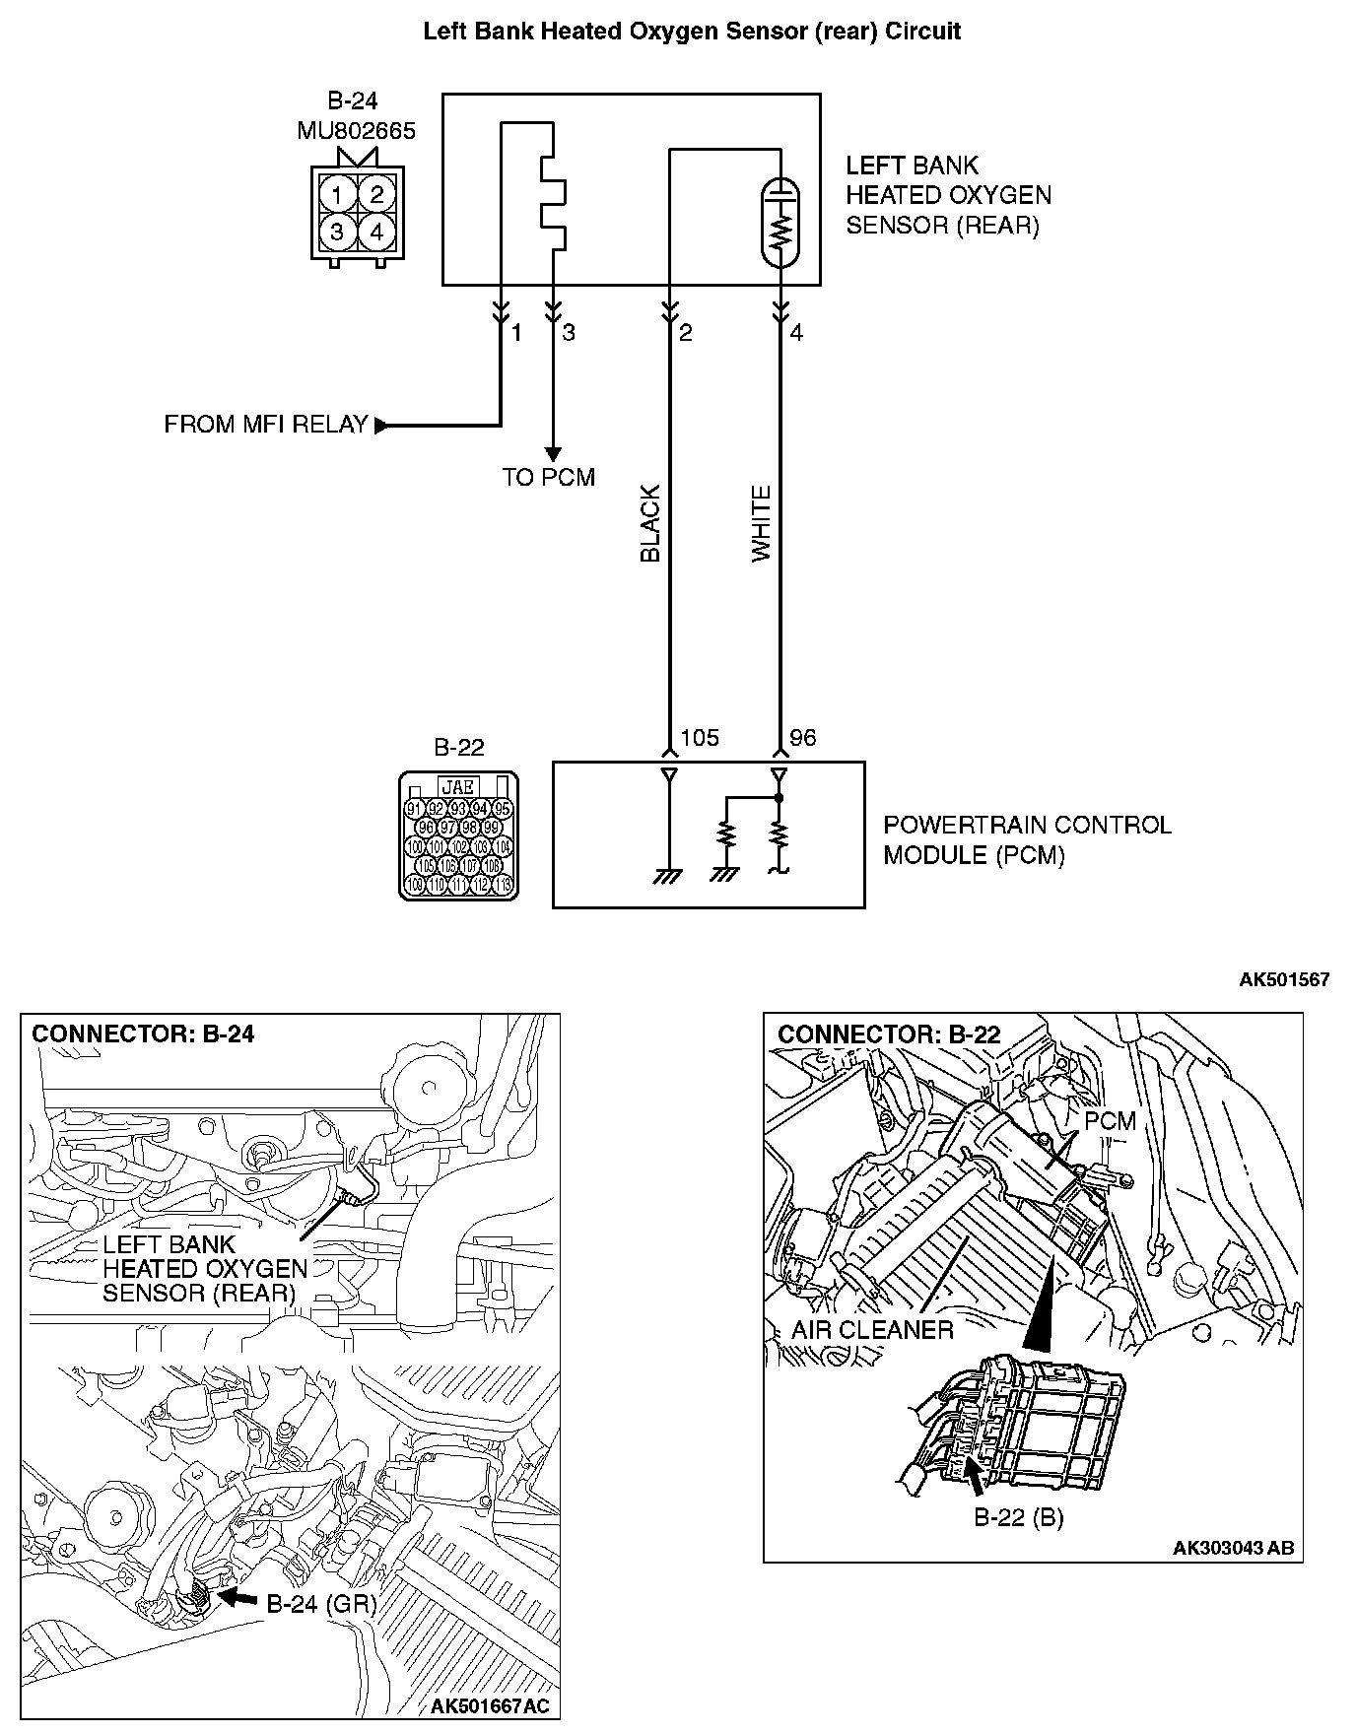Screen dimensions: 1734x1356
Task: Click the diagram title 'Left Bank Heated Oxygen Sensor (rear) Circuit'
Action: click(x=692, y=32)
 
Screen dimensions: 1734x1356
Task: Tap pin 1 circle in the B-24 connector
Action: click(x=338, y=193)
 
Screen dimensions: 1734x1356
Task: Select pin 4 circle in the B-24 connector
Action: click(x=375, y=233)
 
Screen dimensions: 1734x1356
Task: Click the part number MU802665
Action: click(x=356, y=131)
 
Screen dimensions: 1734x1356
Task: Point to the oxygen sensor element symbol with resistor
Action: click(x=780, y=223)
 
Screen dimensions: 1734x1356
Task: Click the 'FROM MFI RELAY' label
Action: click(x=266, y=425)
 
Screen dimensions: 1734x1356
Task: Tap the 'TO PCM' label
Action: click(x=548, y=478)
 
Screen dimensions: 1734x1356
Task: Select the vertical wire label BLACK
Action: click(x=650, y=523)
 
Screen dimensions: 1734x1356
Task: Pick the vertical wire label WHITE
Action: click(x=762, y=523)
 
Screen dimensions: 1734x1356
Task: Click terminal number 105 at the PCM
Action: click(x=700, y=738)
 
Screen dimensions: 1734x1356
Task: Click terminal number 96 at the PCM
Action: click(x=803, y=738)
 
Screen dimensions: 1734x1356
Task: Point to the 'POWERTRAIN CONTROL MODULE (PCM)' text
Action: click(x=1026, y=839)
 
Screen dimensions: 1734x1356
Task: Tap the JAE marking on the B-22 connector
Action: click(x=458, y=786)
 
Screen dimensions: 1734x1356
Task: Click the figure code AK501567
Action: click(x=1284, y=979)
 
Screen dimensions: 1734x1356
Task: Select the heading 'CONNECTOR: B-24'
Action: click(x=144, y=1034)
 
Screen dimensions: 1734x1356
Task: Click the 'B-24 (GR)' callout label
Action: click(x=321, y=1604)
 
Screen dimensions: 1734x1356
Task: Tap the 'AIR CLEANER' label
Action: click(x=872, y=1330)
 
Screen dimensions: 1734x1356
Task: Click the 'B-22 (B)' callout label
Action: click(x=1019, y=1517)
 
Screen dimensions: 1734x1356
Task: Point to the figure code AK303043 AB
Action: click(x=1233, y=1548)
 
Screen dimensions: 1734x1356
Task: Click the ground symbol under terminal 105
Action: click(x=668, y=876)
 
